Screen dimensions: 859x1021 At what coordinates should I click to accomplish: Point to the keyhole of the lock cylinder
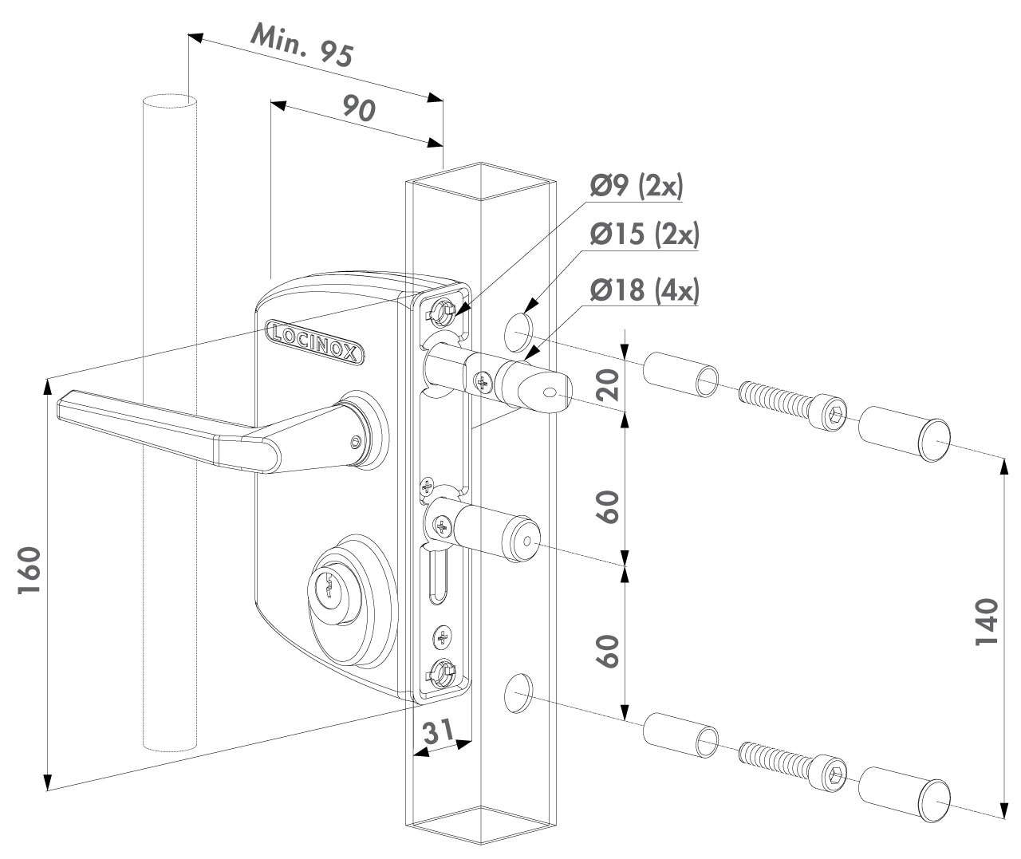326,589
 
